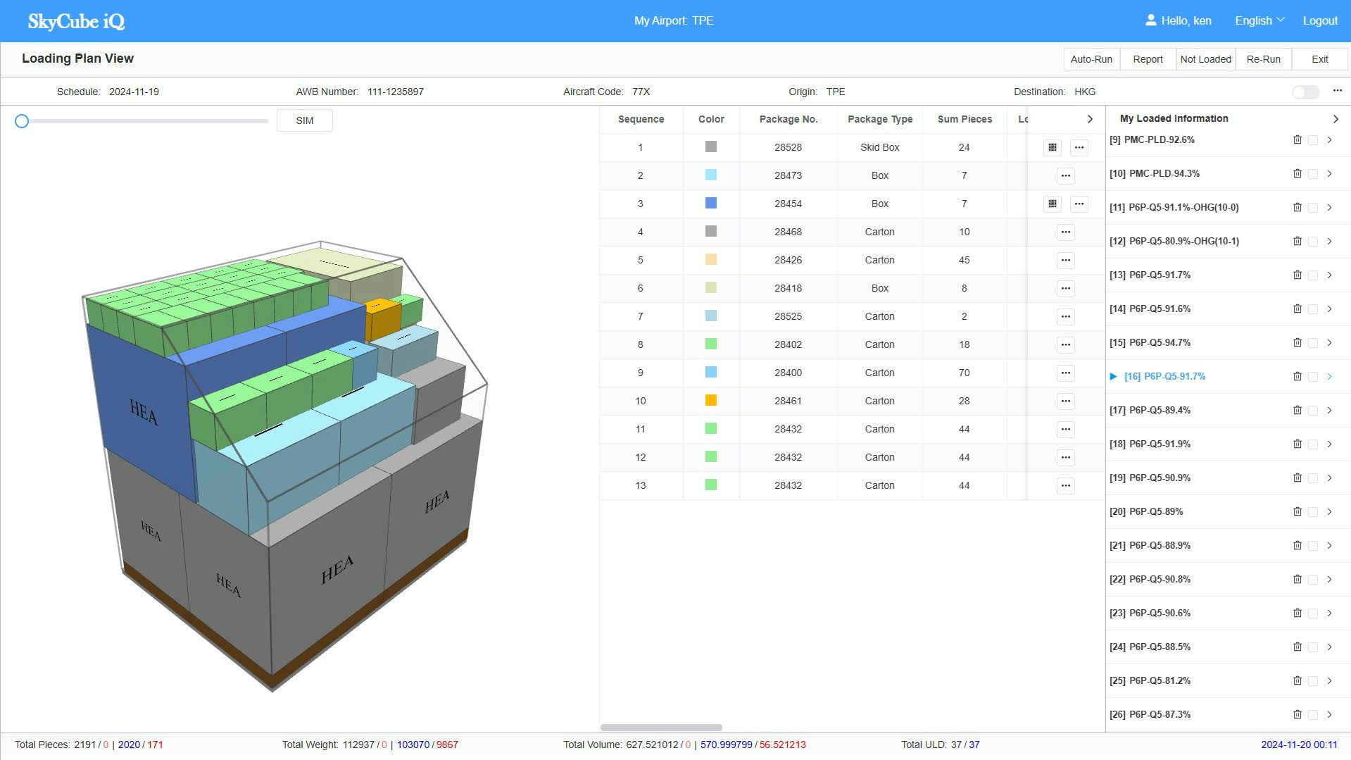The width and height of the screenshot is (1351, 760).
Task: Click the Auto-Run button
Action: click(1091, 59)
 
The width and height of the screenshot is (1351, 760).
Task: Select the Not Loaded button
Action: click(1205, 59)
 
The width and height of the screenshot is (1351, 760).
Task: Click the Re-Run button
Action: click(1263, 59)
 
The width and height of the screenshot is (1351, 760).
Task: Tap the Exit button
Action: click(1319, 59)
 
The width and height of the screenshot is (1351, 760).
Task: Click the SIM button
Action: click(304, 120)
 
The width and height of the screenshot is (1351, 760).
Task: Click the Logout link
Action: click(1319, 20)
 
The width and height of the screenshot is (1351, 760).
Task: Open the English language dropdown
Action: click(1259, 20)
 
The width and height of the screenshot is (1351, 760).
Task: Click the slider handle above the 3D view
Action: click(22, 121)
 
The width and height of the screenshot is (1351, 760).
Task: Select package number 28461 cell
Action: click(788, 401)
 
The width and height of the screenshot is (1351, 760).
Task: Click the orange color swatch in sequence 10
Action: click(711, 400)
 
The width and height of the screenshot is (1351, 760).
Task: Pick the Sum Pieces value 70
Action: click(964, 373)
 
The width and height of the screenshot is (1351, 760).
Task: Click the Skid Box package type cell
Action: click(879, 147)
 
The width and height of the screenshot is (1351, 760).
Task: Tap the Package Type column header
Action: click(879, 119)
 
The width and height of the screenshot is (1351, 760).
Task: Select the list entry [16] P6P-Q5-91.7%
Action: click(1164, 376)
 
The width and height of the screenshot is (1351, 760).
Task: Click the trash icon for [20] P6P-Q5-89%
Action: click(1297, 511)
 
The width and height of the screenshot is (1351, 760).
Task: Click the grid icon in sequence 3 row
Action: click(1052, 204)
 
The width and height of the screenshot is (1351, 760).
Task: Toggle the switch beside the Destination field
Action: click(1305, 92)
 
